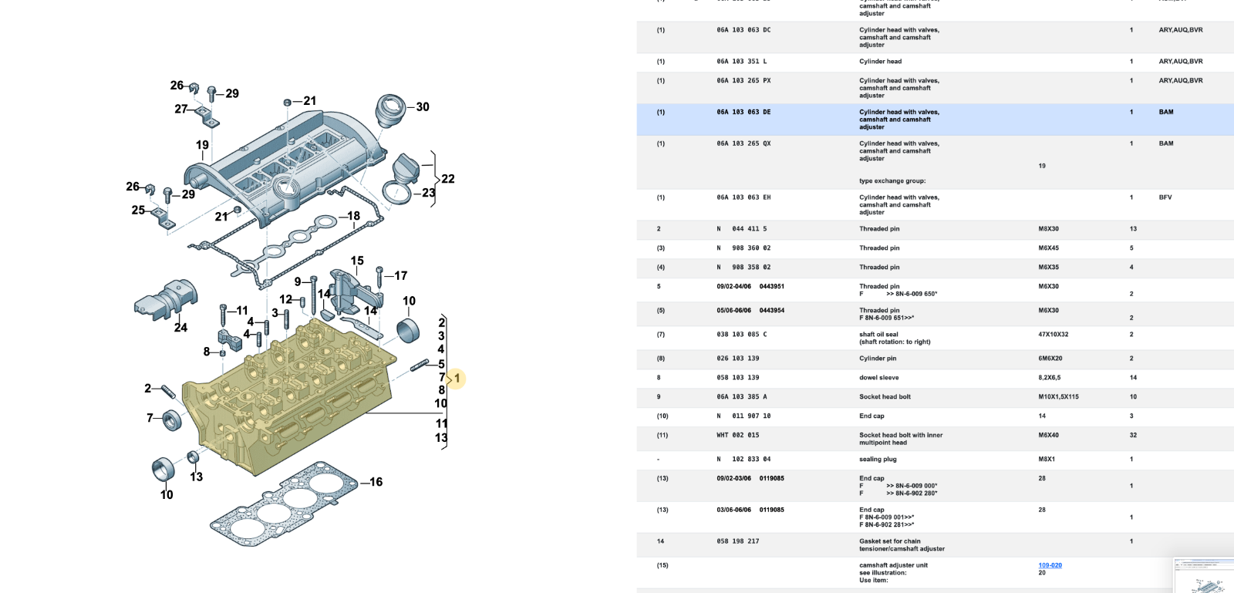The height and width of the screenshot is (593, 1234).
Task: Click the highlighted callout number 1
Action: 457,378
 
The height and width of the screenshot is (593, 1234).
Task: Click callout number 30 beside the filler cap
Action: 423,107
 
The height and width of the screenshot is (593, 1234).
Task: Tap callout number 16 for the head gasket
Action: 376,482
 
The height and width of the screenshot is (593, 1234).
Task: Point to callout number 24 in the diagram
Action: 180,327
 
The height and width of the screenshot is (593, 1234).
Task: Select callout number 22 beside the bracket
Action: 447,179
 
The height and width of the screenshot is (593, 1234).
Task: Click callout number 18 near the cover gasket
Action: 353,216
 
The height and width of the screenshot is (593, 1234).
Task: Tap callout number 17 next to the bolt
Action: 400,275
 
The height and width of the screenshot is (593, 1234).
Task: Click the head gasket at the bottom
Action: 285,505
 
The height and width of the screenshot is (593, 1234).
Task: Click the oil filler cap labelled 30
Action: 390,110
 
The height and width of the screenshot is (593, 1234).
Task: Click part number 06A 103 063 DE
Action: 743,113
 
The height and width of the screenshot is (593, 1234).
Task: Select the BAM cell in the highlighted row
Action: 1165,113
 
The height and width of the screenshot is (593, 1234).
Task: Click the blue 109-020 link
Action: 1050,565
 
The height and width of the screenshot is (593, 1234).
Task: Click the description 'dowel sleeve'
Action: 878,378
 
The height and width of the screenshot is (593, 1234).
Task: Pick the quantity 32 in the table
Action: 1133,436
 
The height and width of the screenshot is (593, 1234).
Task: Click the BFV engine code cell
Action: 1165,197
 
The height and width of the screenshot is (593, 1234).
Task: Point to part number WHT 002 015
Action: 737,436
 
